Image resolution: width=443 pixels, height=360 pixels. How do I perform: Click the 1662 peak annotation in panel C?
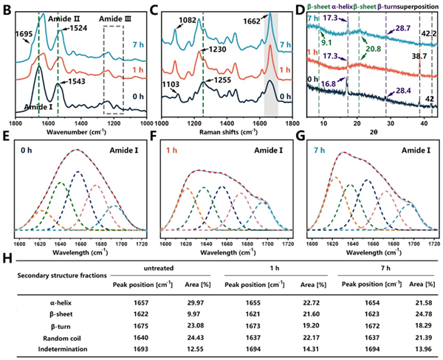(x=254, y=21)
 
